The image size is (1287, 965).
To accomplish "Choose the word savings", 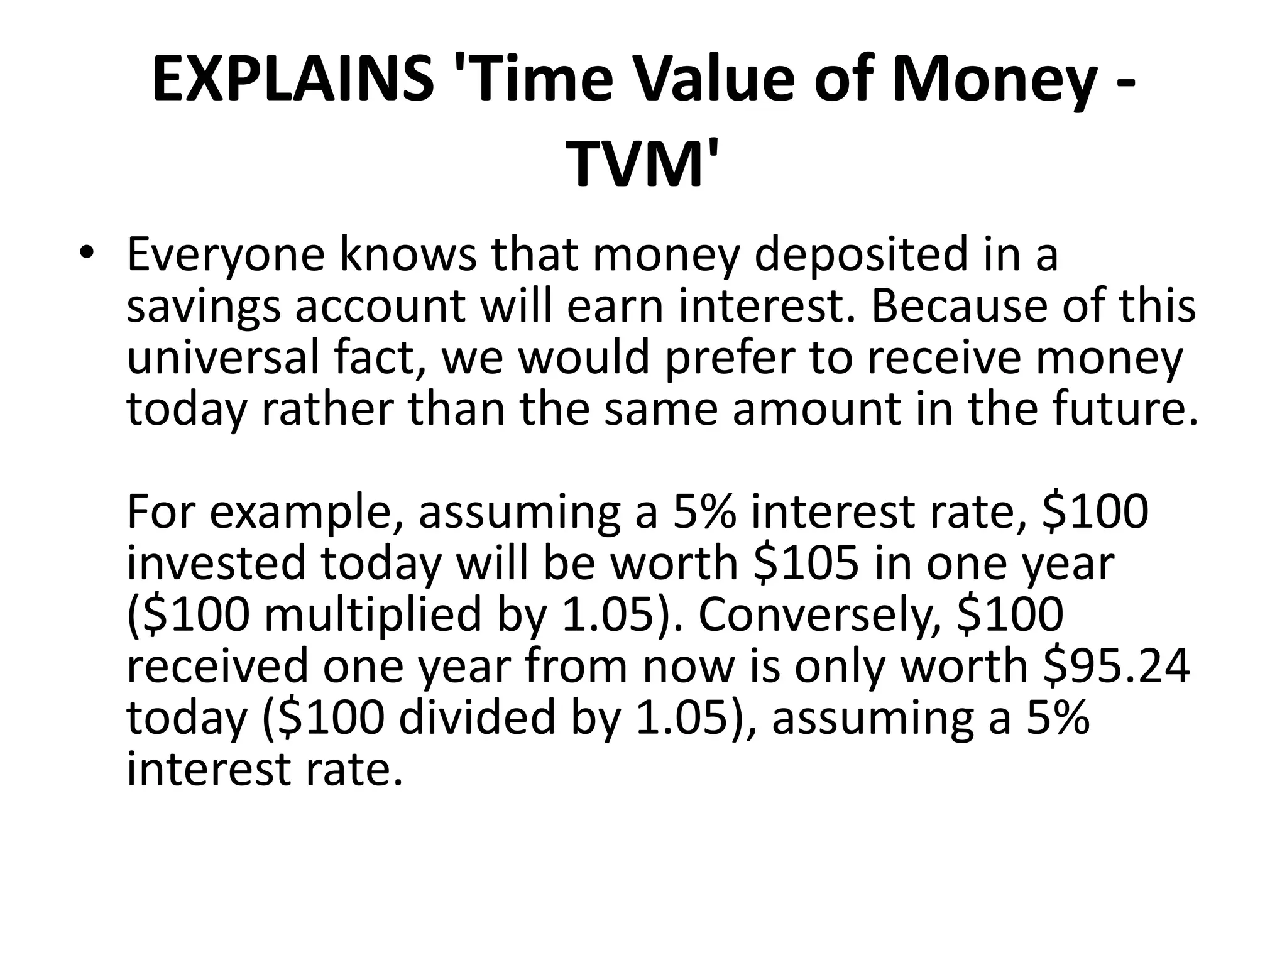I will (x=203, y=307).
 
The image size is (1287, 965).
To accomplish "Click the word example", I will (x=307, y=513).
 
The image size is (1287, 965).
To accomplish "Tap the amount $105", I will (x=805, y=563).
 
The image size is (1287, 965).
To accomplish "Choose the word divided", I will (x=478, y=718).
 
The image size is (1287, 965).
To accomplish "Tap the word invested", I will (x=216, y=563).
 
